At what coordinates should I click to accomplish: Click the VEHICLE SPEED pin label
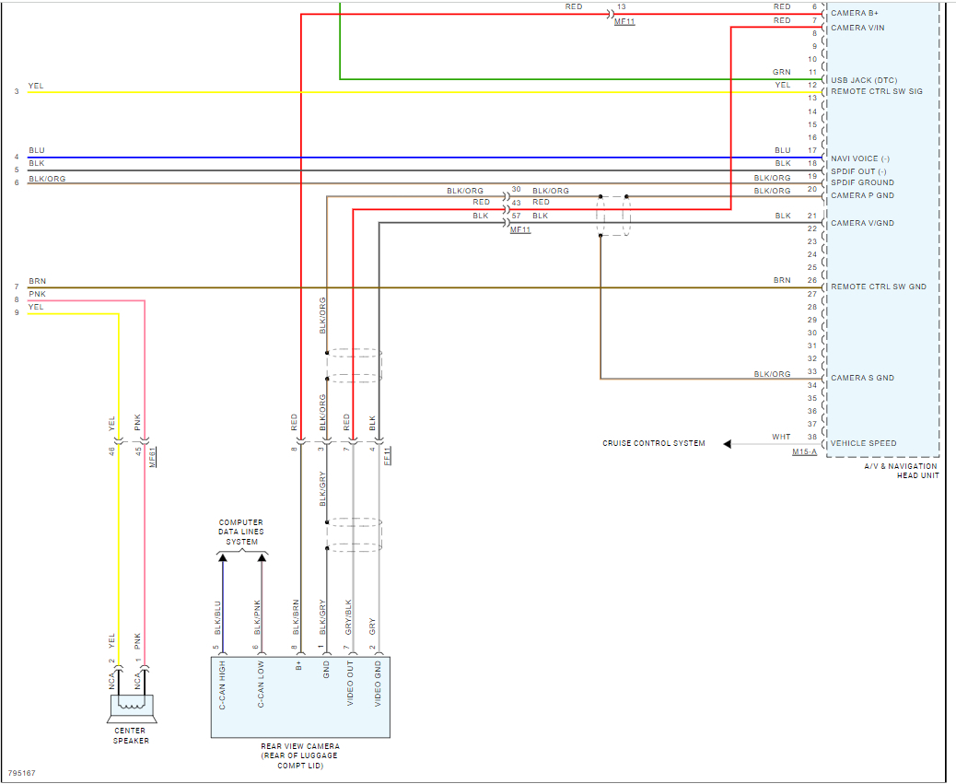[x=863, y=443]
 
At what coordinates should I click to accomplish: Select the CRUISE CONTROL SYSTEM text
[x=654, y=443]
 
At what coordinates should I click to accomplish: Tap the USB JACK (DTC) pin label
[x=863, y=80]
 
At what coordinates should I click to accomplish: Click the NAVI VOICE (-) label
[x=860, y=158]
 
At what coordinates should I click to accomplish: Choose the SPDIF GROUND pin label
[x=862, y=182]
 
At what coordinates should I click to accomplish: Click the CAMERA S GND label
[x=862, y=378]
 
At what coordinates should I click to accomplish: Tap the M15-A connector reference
[x=804, y=452]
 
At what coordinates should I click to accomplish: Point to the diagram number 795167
[x=22, y=773]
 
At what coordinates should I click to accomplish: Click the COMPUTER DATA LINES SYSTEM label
[x=241, y=532]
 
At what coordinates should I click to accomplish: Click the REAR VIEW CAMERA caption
[x=300, y=755]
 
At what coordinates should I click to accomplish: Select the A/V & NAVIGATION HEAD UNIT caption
[x=901, y=471]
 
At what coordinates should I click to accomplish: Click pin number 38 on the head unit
[x=811, y=437]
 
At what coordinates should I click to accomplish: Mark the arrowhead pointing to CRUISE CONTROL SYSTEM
[x=728, y=444]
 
